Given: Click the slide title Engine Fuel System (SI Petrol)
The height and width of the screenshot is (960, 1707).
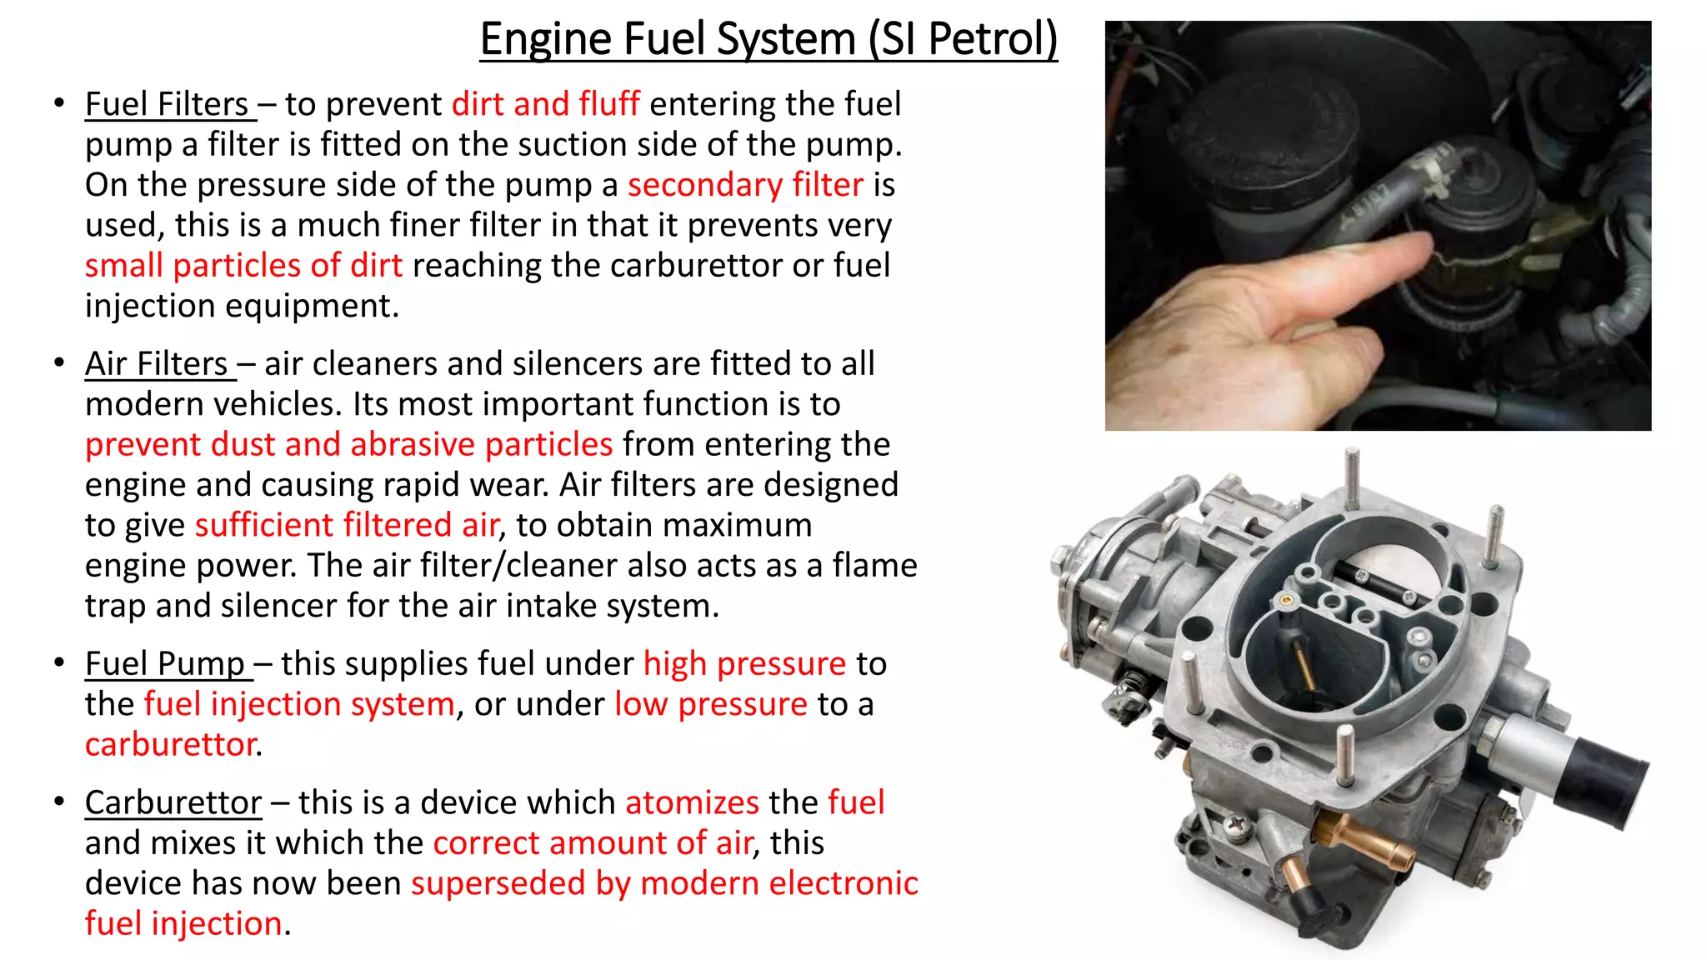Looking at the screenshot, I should pyautogui.click(x=768, y=39).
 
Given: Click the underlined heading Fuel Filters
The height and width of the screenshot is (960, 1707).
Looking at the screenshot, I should pyautogui.click(x=167, y=105).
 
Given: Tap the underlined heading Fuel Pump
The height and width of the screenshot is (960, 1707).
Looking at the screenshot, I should pyautogui.click(x=165, y=664).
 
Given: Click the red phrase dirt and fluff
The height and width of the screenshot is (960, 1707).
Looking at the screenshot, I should pyautogui.click(x=545, y=105).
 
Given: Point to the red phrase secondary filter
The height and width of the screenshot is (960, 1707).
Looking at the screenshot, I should pyautogui.click(x=744, y=185).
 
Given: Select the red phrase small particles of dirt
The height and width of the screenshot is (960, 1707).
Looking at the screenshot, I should pyautogui.click(x=243, y=266).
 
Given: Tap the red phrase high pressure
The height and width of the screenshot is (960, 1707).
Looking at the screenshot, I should pyautogui.click(x=744, y=664).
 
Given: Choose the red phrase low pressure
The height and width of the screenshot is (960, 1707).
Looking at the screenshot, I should pyautogui.click(x=710, y=705).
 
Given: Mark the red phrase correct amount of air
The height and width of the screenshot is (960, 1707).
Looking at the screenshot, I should pyautogui.click(x=593, y=843).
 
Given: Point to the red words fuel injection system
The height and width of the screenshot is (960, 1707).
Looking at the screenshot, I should pyautogui.click(x=299, y=705).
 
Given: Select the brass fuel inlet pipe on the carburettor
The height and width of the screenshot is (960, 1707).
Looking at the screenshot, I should pyautogui.click(x=1367, y=842).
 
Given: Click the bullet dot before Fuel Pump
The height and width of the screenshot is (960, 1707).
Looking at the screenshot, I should pyautogui.click(x=59, y=663).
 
